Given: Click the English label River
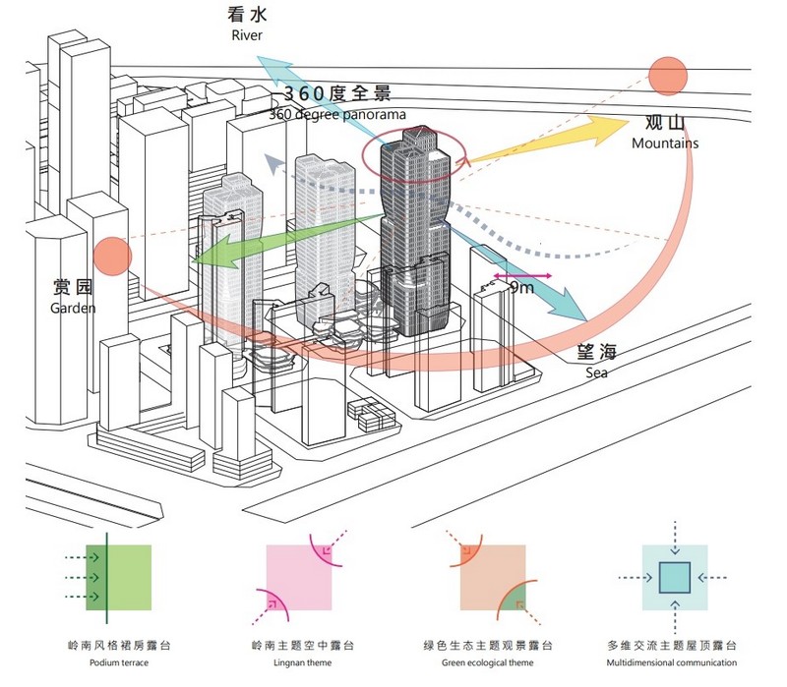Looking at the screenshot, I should (x=248, y=36).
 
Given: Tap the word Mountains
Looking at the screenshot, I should (x=665, y=143).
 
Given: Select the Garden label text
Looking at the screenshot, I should (x=75, y=308).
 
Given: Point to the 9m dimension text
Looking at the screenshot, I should (x=521, y=287).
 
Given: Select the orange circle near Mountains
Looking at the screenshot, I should (x=667, y=77).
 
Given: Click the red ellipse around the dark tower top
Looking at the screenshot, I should (x=416, y=157).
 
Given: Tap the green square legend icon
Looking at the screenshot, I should (x=119, y=578).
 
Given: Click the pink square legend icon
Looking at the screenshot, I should (x=299, y=578).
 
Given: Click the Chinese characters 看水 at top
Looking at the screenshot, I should (x=248, y=15).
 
